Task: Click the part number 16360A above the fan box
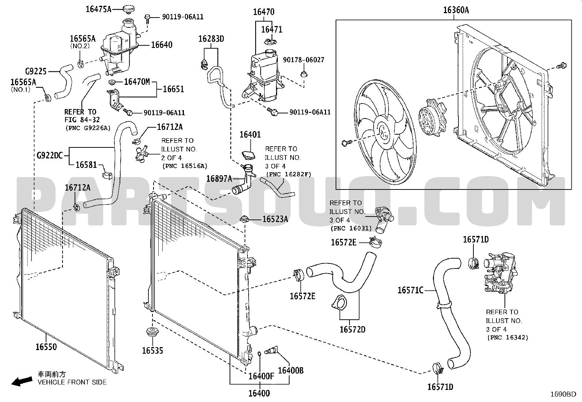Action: (456, 10)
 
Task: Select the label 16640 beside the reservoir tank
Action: (162, 45)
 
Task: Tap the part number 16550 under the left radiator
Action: (46, 346)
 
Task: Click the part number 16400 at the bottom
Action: (259, 394)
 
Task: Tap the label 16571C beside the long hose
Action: (410, 290)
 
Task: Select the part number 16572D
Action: (352, 330)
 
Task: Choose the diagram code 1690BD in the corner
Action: (564, 394)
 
